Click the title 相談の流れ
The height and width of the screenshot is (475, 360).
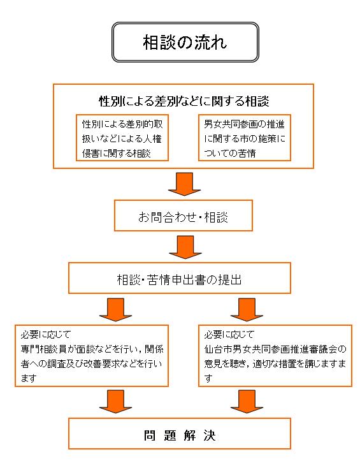[185, 42]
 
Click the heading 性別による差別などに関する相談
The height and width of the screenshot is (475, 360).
[184, 101]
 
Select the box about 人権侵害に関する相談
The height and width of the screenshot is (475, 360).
[122, 138]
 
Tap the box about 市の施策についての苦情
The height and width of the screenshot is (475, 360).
[244, 138]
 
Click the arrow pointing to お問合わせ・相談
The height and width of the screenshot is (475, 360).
[184, 184]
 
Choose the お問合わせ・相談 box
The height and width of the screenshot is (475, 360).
[183, 216]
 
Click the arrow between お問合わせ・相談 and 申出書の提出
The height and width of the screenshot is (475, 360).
[185, 247]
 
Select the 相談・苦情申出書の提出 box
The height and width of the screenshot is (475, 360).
[180, 278]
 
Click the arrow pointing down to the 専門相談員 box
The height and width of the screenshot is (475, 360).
[116, 310]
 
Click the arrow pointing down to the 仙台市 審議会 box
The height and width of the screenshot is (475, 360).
[247, 310]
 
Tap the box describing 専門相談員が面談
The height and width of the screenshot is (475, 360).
[92, 356]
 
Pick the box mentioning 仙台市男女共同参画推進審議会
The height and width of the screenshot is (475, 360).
[275, 356]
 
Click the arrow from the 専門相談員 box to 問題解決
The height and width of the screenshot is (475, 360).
[116, 402]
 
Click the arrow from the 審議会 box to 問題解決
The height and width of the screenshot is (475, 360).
[247, 402]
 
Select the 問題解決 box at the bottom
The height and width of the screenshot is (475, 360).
[180, 434]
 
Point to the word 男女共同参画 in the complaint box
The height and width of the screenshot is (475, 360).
[226, 124]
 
